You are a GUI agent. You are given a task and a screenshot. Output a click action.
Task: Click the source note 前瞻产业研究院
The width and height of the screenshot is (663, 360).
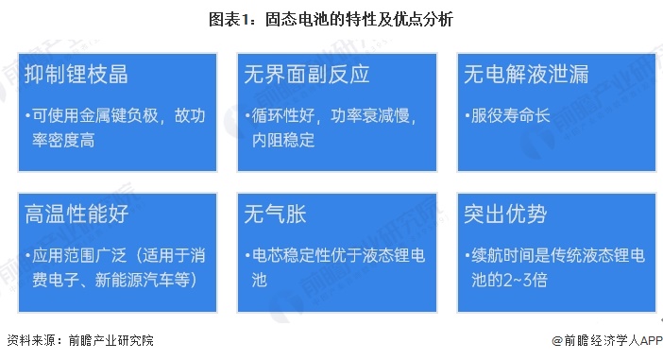point(105,340)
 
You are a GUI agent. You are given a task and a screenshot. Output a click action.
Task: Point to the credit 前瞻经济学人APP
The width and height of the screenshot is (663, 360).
point(608,340)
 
